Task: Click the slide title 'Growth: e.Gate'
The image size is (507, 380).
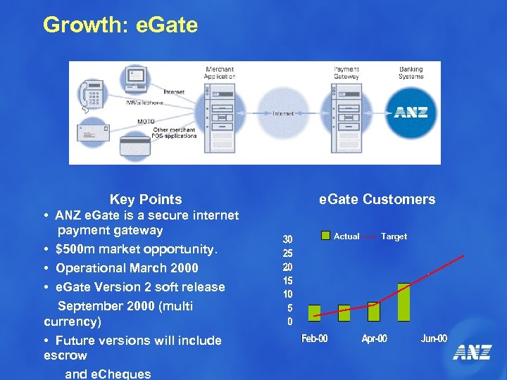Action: (120, 25)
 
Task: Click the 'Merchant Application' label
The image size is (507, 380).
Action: (219, 72)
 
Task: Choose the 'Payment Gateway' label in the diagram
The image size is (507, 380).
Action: (346, 72)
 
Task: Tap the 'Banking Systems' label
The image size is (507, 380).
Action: (411, 72)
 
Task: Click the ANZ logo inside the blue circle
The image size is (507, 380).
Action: (411, 113)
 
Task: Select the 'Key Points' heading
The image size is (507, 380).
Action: (146, 200)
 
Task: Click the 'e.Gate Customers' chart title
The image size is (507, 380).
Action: (377, 200)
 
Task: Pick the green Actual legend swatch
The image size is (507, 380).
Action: (325, 236)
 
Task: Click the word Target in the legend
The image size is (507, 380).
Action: (394, 236)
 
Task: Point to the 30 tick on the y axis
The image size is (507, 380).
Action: (288, 239)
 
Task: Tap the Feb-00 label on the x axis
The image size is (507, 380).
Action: (314, 339)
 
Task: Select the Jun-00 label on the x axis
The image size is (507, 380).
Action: (434, 339)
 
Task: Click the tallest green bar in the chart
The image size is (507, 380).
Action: (403, 303)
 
